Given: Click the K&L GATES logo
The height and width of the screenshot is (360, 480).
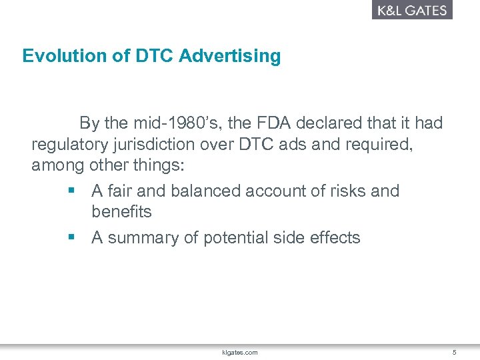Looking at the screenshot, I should [x=412, y=10].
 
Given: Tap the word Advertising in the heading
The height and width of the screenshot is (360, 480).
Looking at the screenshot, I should [x=230, y=56].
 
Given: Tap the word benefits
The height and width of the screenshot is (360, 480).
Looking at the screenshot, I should [x=121, y=212].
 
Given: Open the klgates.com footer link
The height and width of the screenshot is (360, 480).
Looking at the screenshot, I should [x=239, y=351].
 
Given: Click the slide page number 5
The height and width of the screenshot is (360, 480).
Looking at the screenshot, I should [x=454, y=351].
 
